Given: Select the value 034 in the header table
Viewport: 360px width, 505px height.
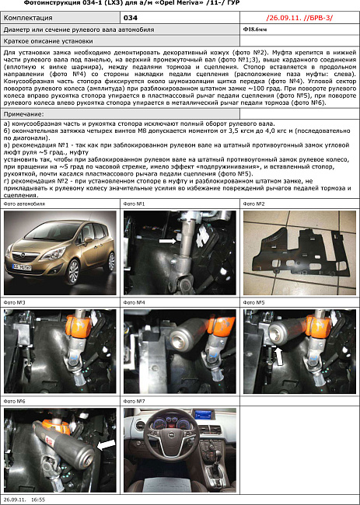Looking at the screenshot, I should (x=131, y=16).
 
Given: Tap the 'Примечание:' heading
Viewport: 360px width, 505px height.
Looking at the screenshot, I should (x=24, y=114).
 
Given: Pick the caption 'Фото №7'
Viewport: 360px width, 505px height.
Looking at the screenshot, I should (x=135, y=401).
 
